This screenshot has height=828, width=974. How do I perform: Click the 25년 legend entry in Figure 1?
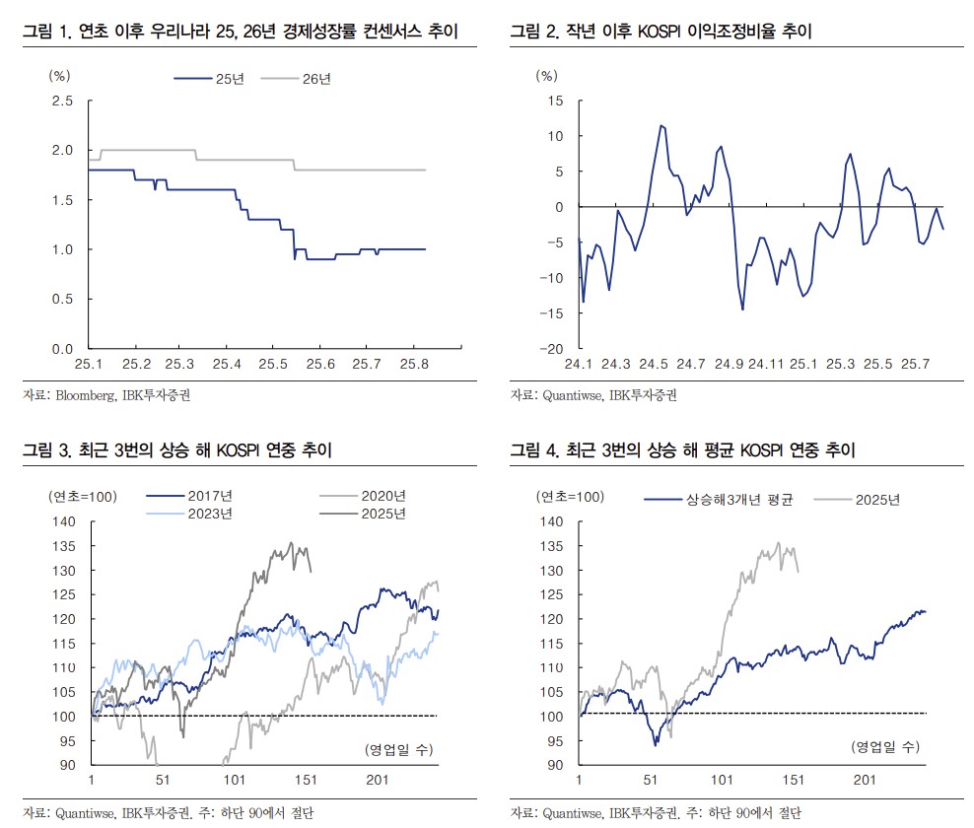coord(230,79)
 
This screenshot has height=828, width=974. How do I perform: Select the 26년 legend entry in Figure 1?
coord(316,79)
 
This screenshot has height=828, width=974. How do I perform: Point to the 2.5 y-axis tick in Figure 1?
coord(63,101)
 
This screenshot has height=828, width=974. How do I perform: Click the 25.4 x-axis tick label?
coord(226,365)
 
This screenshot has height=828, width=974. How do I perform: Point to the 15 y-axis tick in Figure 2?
coord(555,101)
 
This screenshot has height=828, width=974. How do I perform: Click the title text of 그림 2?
coord(661,33)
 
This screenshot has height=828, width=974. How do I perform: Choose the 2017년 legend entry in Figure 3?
coord(207,496)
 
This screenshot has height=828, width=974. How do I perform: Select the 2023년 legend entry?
coord(207,514)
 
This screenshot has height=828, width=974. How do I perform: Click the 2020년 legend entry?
coord(382,496)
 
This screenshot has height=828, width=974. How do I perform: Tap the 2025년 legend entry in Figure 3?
coord(382,514)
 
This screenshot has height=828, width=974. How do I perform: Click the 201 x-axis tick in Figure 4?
coord(866,781)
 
